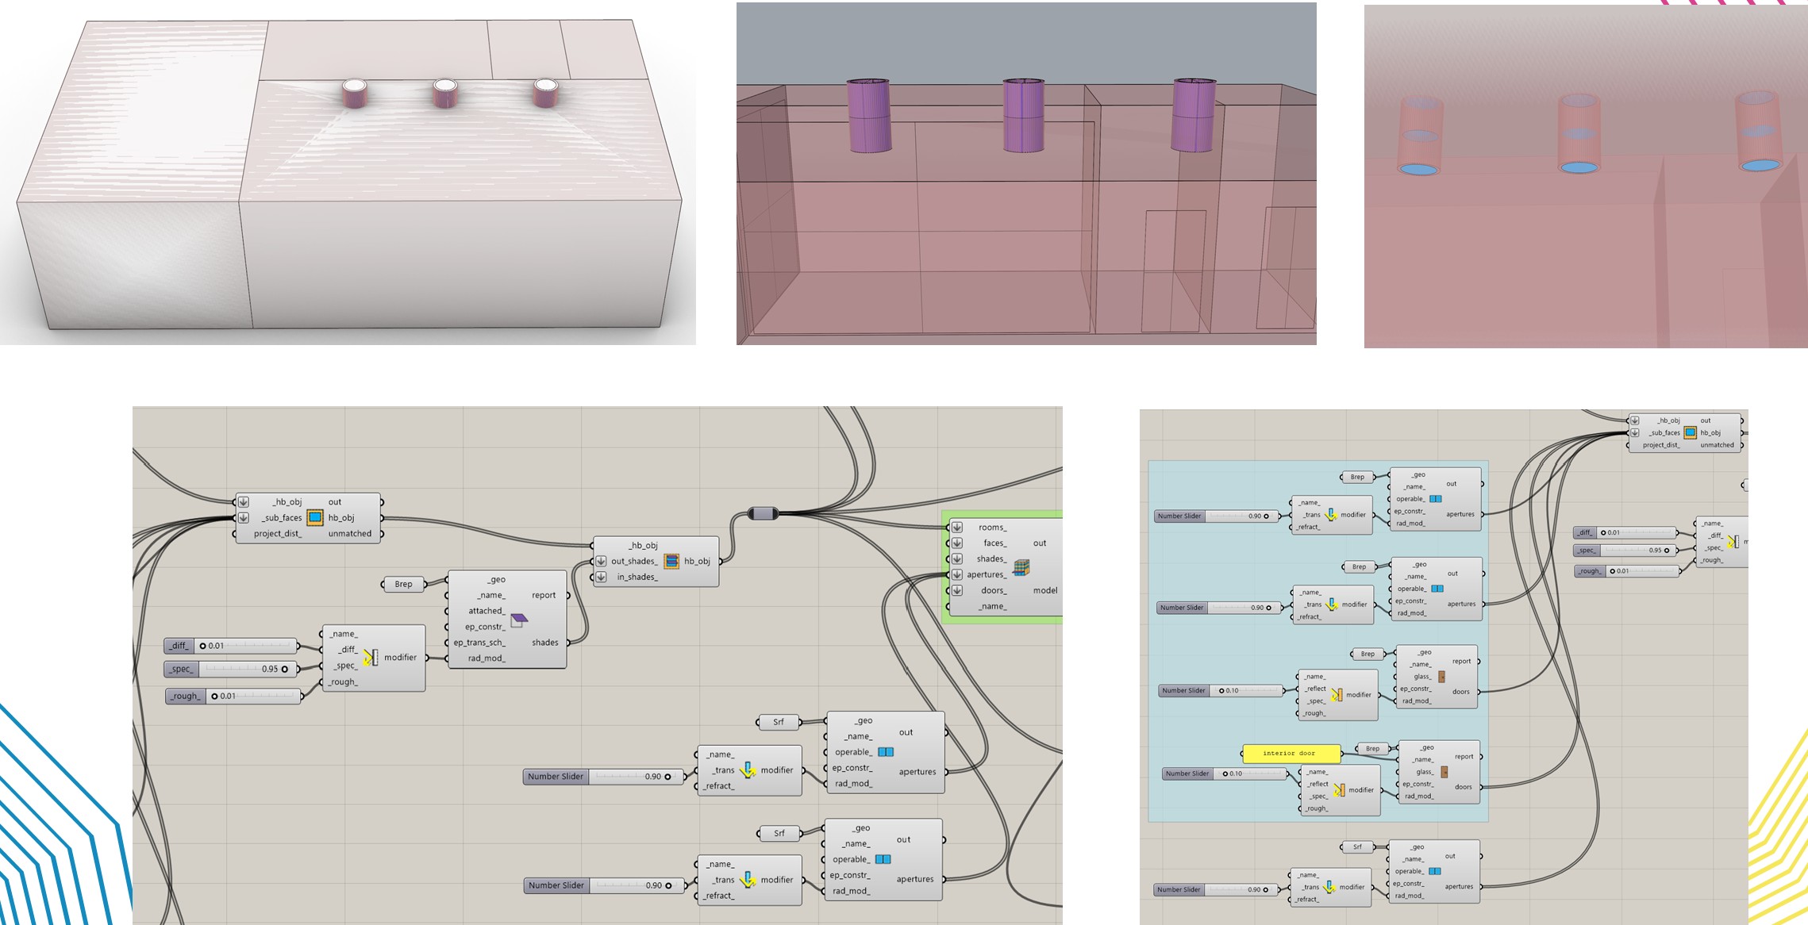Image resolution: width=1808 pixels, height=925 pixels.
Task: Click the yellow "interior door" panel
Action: tap(1290, 753)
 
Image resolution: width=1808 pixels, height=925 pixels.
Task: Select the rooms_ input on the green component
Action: tap(992, 528)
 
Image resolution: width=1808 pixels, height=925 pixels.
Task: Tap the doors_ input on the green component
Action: tap(993, 590)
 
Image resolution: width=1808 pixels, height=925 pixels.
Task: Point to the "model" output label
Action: tap(1044, 590)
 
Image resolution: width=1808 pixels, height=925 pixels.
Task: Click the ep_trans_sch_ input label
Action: tap(479, 643)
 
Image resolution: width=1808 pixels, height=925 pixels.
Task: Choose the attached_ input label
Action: tap(486, 611)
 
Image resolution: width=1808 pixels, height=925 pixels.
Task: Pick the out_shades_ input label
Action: tap(633, 561)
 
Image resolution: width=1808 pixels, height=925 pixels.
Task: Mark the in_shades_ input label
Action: tap(637, 577)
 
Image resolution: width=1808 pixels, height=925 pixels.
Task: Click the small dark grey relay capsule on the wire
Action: tap(763, 514)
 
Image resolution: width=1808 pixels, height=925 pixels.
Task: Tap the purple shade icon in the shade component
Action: tap(519, 619)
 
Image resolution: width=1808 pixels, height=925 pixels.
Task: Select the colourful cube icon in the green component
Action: tap(1021, 566)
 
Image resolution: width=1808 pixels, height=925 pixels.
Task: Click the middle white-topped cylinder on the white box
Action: tap(445, 94)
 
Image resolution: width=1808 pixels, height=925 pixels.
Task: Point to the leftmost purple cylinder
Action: tap(869, 115)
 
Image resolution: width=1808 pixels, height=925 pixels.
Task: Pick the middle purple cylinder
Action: tap(1023, 115)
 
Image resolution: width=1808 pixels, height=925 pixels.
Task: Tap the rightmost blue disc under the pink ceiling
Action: tap(1760, 165)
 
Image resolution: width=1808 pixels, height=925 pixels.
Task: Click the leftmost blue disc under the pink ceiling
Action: tap(1418, 169)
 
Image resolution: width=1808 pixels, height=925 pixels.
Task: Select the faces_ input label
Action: tap(994, 543)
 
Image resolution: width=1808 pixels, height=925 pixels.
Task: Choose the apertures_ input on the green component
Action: tap(986, 574)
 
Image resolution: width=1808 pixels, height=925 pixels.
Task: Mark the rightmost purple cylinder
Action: tap(1194, 115)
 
